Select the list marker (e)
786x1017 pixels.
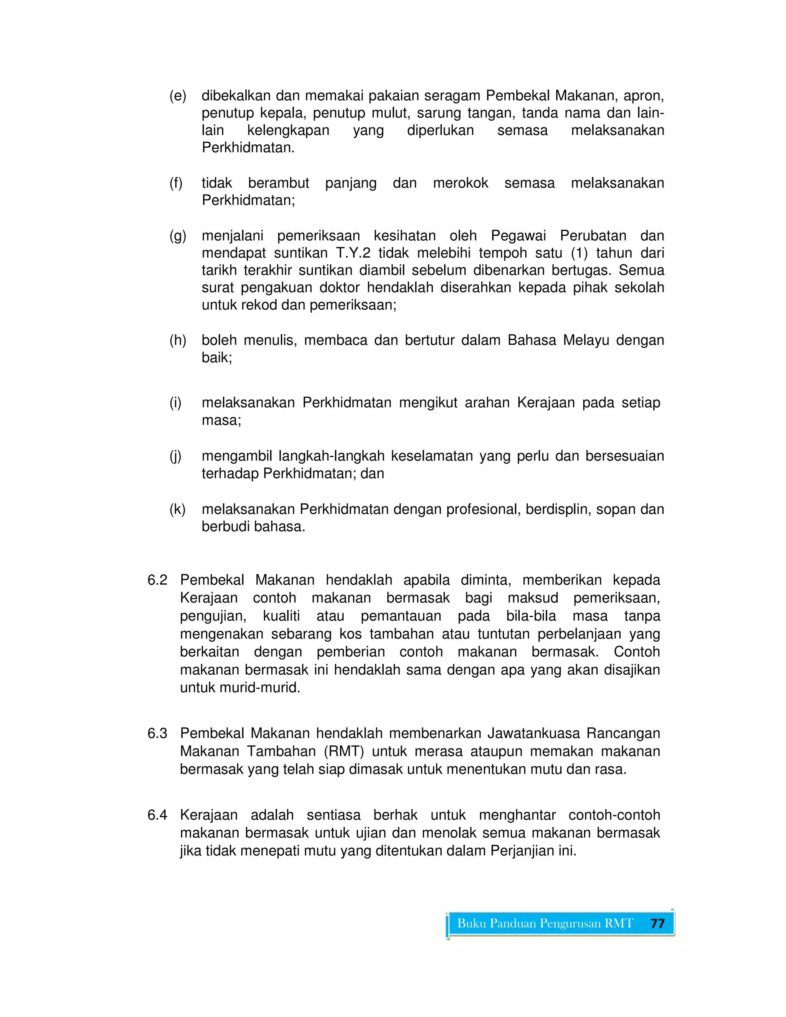[x=177, y=96]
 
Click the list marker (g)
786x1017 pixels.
[x=177, y=236]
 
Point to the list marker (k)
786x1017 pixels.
[x=177, y=509]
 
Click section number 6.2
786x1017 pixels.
[x=157, y=580]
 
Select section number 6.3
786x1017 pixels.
[x=157, y=733]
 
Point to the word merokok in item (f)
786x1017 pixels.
[x=461, y=183]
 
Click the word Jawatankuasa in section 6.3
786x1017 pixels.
[x=533, y=733]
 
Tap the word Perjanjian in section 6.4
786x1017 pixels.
[x=522, y=851]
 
